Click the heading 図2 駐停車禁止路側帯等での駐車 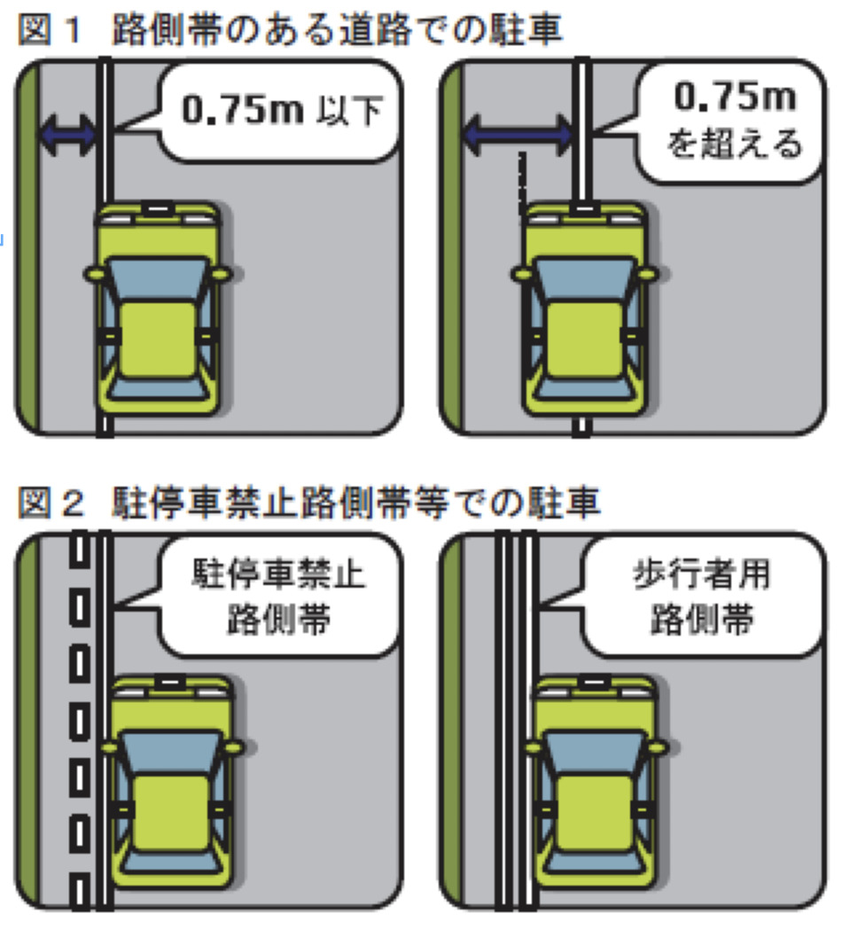[x=309, y=504]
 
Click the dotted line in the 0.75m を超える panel [x=523, y=182]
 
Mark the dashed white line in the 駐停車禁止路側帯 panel [x=79, y=727]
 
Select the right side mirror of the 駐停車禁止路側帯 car [x=234, y=747]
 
